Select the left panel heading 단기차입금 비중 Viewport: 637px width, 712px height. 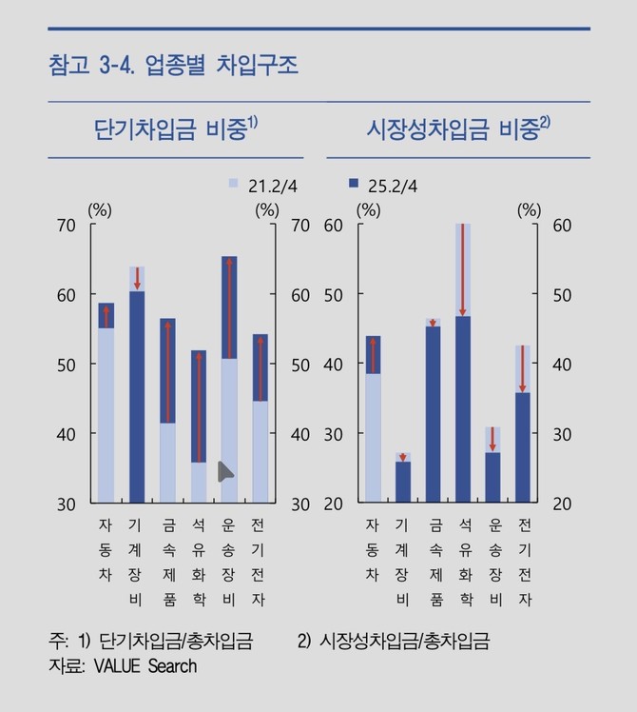click(x=176, y=129)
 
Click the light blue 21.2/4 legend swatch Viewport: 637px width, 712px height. click(x=232, y=185)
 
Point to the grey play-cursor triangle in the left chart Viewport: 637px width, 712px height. click(x=225, y=470)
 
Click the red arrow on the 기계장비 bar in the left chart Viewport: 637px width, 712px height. click(x=137, y=278)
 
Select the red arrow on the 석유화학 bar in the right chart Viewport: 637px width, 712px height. click(x=463, y=271)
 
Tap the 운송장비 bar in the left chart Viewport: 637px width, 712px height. click(x=229, y=381)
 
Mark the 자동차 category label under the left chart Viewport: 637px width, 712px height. click(x=106, y=549)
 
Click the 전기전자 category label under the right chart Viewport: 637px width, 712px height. click(x=524, y=562)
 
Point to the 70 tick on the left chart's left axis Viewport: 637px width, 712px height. click(x=66, y=226)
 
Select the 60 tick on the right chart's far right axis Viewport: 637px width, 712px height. click(x=562, y=226)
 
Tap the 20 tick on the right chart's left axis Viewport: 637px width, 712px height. click(x=334, y=504)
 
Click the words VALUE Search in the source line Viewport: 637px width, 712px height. click(x=145, y=666)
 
